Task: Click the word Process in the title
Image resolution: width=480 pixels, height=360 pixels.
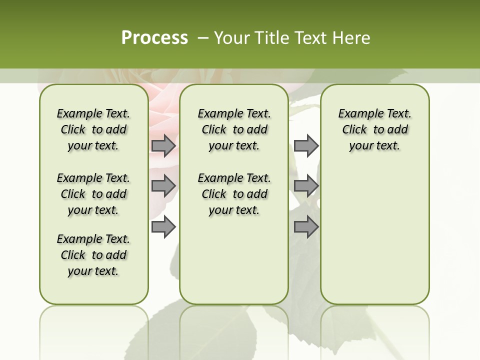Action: (154, 38)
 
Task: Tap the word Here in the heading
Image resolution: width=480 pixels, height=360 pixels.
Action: (352, 38)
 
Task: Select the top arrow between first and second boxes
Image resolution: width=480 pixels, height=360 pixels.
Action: (163, 146)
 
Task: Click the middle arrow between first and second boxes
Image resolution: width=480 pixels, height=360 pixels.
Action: (163, 186)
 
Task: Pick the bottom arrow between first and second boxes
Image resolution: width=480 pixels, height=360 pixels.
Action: (163, 227)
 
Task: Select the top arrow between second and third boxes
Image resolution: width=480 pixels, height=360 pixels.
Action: (306, 146)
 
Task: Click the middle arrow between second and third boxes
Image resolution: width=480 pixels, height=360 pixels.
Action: (306, 186)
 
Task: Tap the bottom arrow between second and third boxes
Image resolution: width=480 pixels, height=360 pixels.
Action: (306, 227)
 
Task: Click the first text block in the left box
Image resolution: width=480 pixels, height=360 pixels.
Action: (93, 129)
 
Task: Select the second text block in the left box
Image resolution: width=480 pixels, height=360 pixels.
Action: (93, 194)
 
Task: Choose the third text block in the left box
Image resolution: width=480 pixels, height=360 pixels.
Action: (93, 255)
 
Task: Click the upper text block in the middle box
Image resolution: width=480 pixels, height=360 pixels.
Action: (234, 129)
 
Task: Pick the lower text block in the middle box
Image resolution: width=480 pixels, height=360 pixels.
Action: (234, 194)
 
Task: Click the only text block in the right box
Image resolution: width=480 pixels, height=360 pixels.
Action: (374, 129)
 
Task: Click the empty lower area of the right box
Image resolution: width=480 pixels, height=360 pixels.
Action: (374, 235)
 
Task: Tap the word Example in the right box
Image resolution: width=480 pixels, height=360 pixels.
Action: (357, 114)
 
